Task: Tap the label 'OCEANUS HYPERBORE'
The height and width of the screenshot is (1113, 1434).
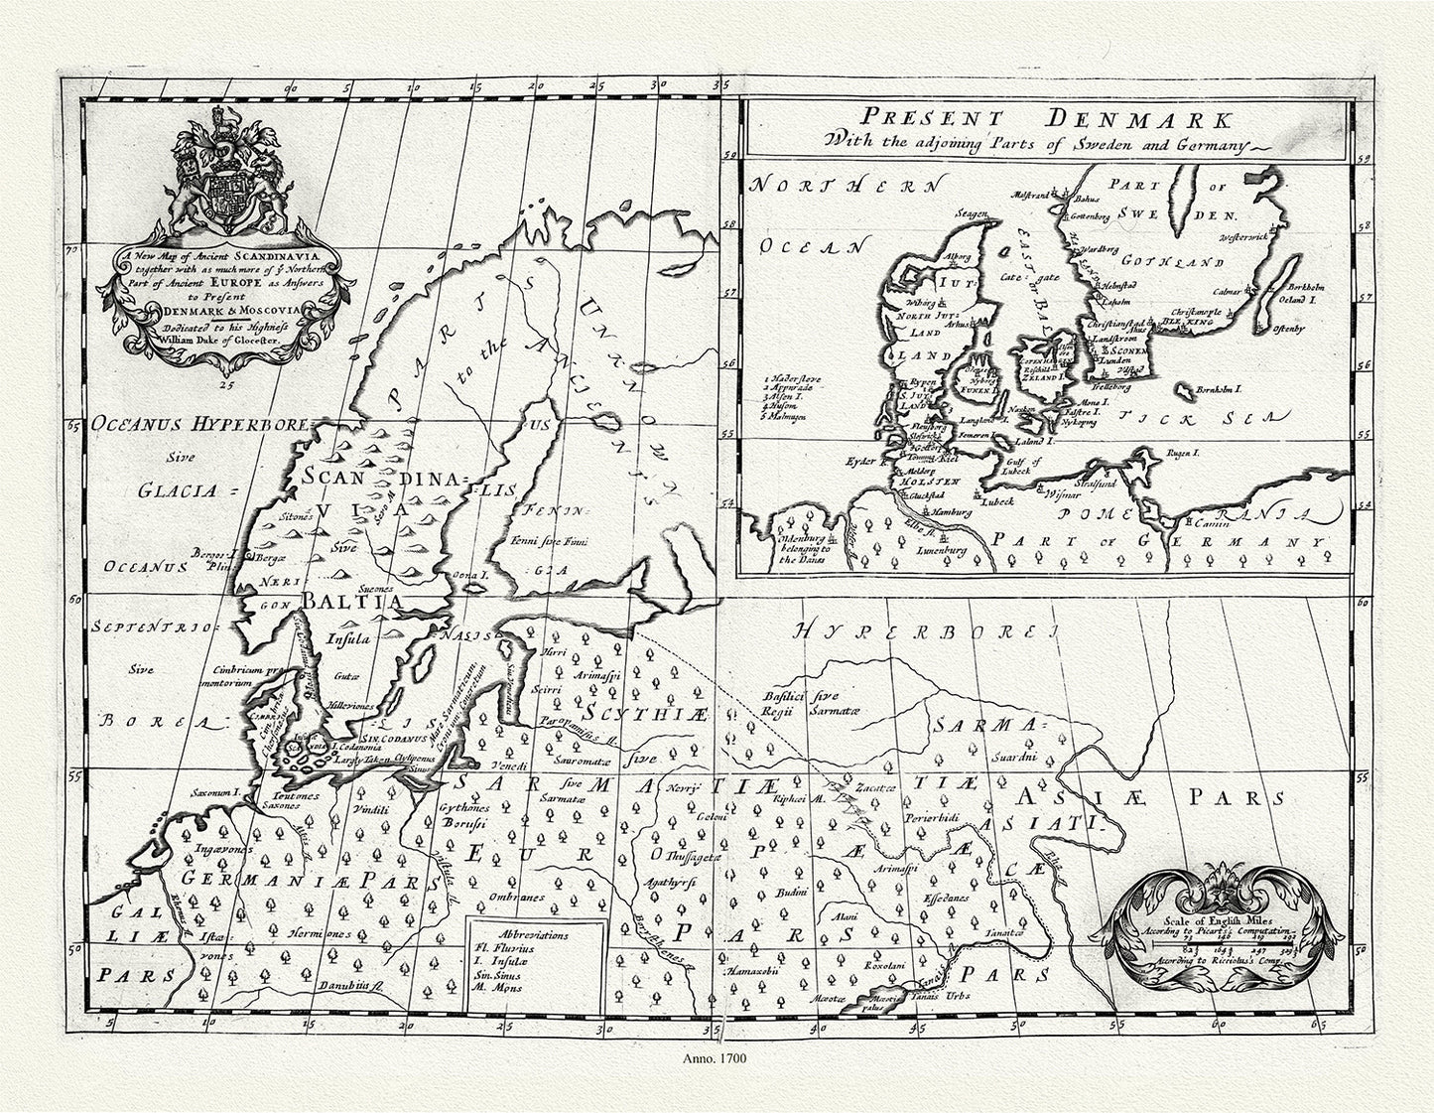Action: [x=198, y=425]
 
